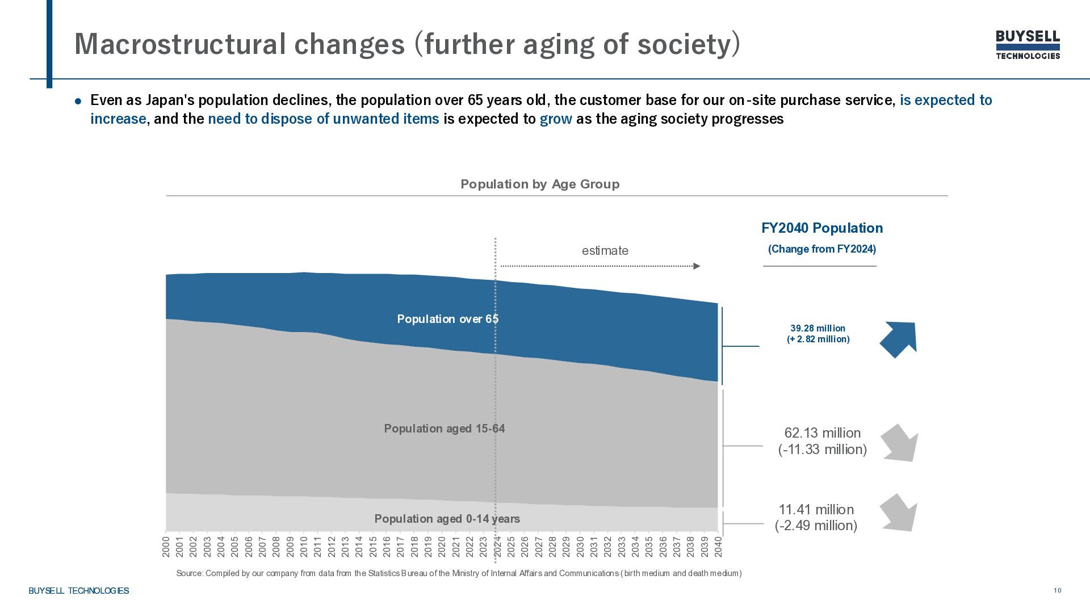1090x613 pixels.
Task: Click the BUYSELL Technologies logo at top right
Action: coord(1028,45)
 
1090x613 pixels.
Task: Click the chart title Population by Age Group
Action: coord(540,184)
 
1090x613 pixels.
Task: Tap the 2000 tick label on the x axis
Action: coord(166,546)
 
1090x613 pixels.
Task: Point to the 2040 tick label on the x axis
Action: coord(718,546)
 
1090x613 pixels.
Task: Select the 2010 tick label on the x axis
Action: coord(304,546)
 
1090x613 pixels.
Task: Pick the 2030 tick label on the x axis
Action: coord(580,546)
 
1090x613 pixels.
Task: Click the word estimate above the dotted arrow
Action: coord(605,250)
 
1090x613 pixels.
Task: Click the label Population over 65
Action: coord(447,319)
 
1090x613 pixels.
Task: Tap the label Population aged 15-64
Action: coord(444,429)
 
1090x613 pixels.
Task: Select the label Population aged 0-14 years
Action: coord(447,519)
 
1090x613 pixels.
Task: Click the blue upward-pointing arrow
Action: coord(899,339)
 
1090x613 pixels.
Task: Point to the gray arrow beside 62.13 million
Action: coord(900,443)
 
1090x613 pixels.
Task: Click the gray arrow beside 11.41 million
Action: coord(899,513)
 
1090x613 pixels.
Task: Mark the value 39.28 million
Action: coord(817,328)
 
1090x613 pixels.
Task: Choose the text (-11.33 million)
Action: coord(822,450)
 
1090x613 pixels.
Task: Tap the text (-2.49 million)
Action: coord(816,526)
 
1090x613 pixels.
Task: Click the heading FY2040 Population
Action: coord(821,228)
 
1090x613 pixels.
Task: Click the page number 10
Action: coord(1057,590)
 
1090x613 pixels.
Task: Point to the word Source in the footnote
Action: coord(189,573)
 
